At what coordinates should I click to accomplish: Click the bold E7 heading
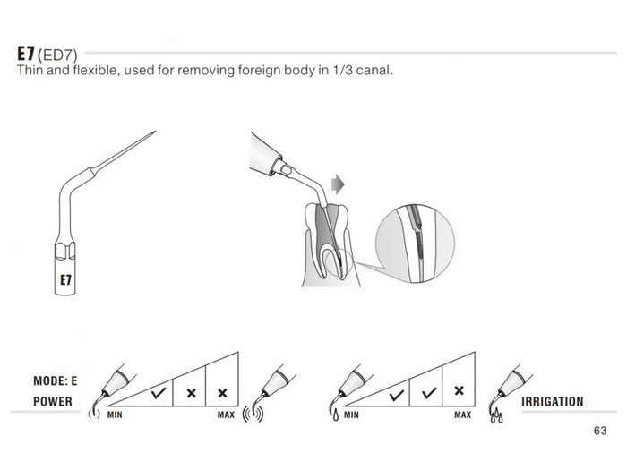[x=26, y=53]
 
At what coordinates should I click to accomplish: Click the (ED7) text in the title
[x=57, y=55]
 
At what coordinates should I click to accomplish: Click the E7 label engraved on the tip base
[x=65, y=279]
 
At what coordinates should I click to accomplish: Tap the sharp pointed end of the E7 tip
[x=155, y=132]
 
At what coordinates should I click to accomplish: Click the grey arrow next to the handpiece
[x=338, y=184]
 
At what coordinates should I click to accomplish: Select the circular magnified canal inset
[x=415, y=244]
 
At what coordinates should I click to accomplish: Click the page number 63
[x=600, y=431]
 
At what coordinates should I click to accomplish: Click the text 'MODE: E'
[x=56, y=380]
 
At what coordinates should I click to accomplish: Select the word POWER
[x=53, y=402]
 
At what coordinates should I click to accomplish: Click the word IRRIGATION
[x=553, y=402]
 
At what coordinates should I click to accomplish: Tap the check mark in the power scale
[x=159, y=393]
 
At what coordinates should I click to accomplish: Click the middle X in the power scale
[x=191, y=393]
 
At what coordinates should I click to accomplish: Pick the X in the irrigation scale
[x=459, y=390]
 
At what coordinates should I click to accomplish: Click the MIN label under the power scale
[x=115, y=414]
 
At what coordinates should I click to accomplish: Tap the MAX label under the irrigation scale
[x=463, y=414]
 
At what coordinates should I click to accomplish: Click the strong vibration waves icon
[x=253, y=414]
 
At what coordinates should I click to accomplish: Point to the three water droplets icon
[x=496, y=415]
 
